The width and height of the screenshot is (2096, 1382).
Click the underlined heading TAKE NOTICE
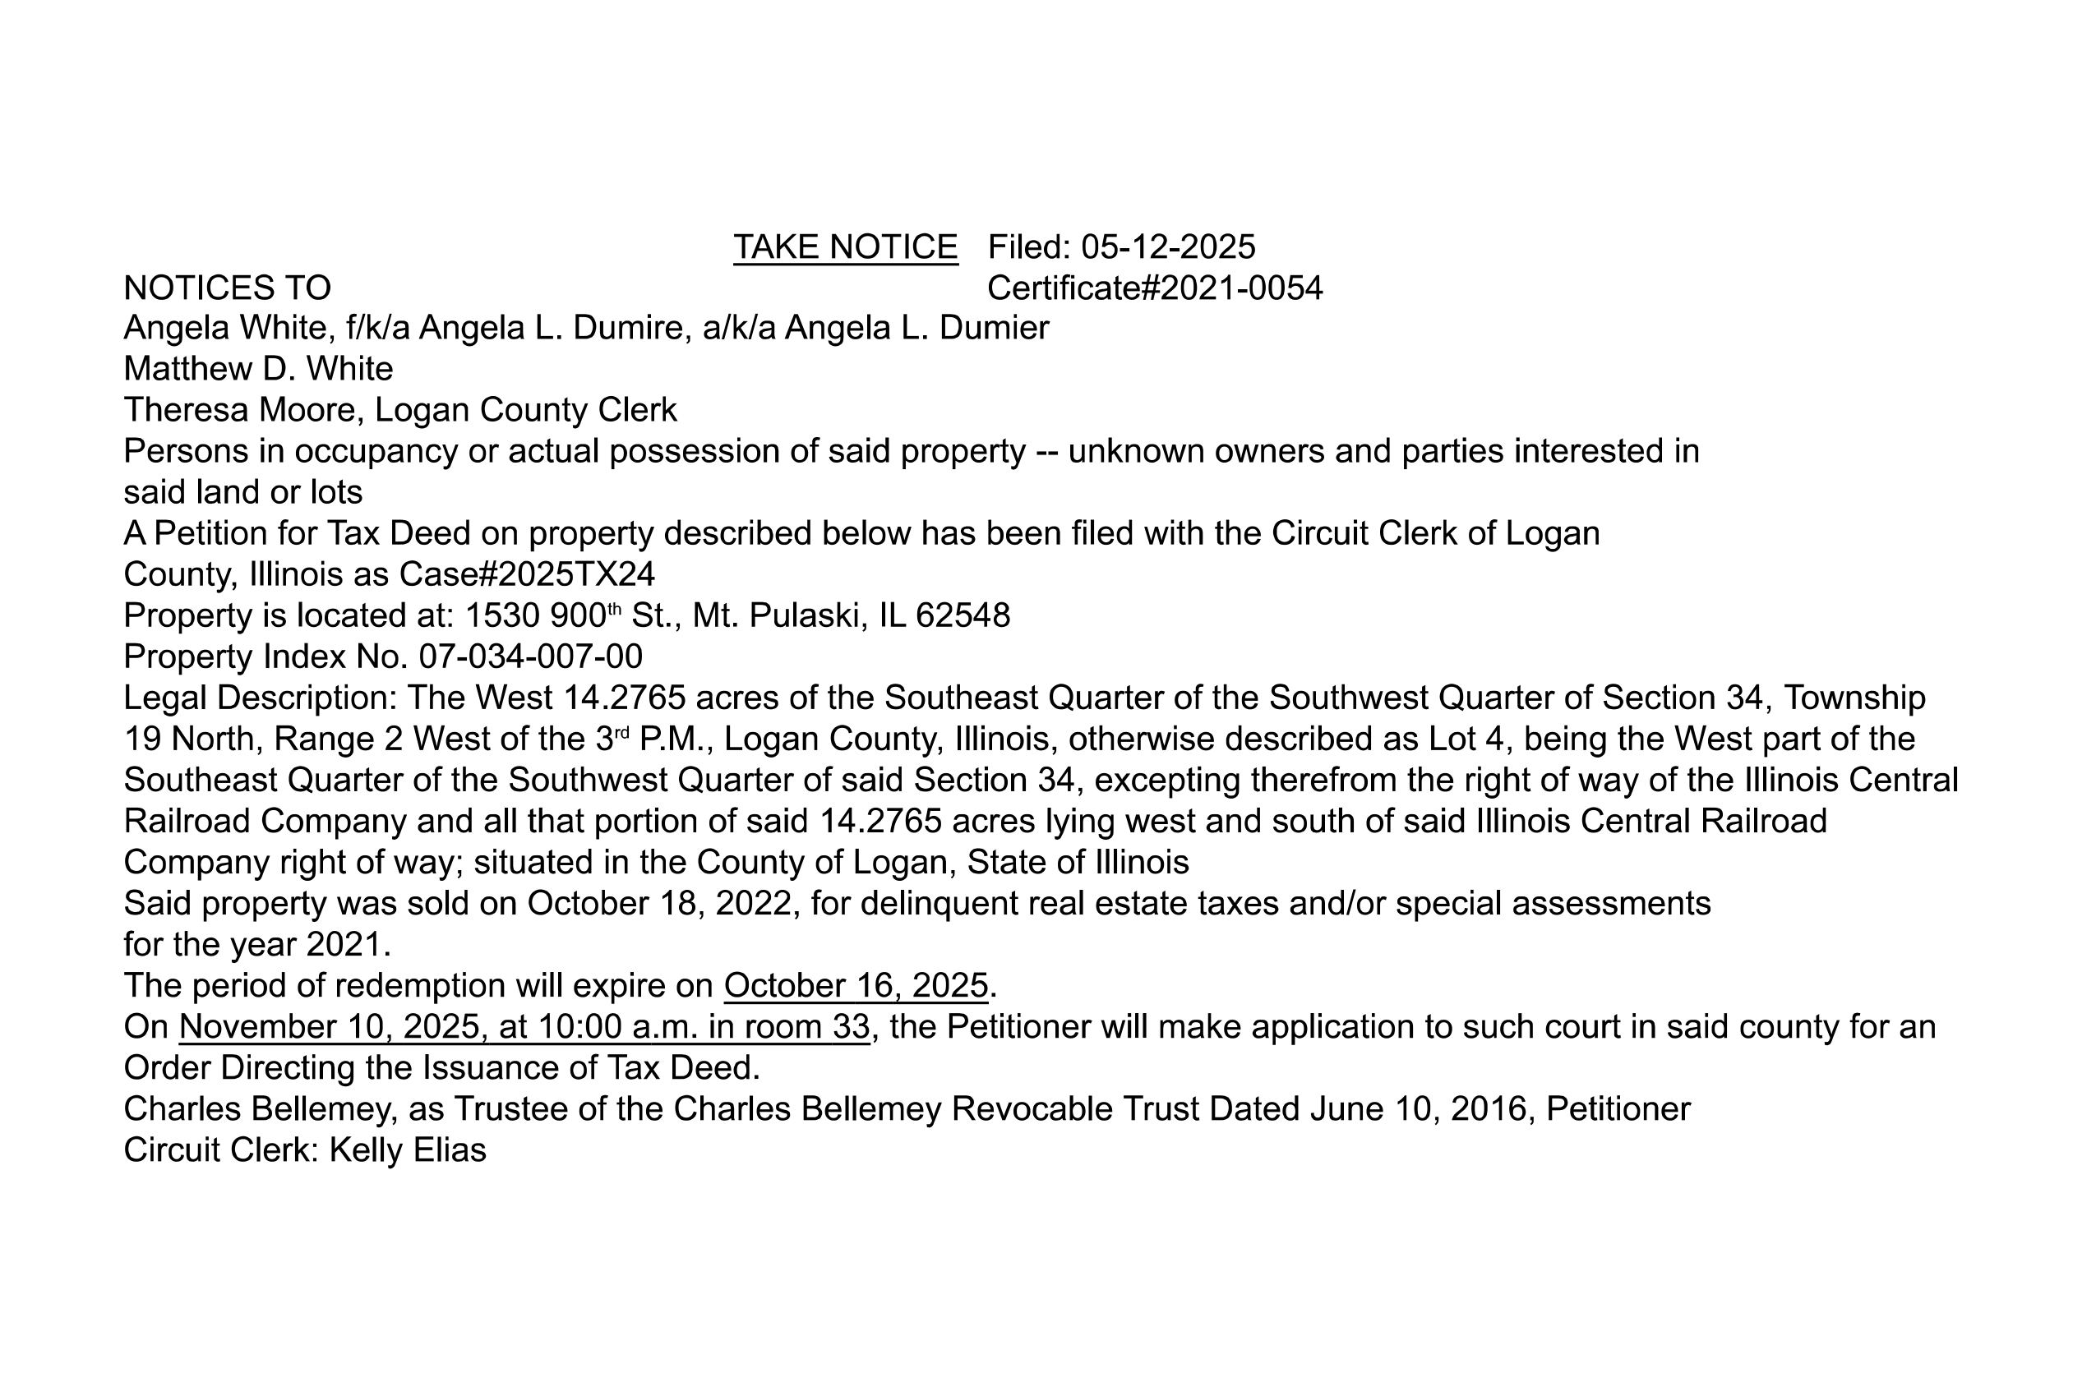tap(845, 247)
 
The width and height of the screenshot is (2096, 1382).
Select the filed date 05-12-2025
tap(1167, 247)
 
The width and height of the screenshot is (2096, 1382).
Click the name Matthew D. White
tap(257, 368)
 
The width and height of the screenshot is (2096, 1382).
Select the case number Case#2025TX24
tap(526, 574)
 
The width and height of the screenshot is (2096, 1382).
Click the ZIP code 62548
tap(962, 615)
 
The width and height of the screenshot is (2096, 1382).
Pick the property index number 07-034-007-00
tap(530, 656)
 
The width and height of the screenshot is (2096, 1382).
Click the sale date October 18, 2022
tap(663, 904)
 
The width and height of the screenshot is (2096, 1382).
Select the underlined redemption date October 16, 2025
tap(856, 985)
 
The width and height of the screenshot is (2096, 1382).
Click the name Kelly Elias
tap(408, 1150)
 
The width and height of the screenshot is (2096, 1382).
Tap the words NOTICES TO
tap(227, 288)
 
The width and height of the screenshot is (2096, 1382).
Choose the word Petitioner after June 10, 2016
tap(1618, 1108)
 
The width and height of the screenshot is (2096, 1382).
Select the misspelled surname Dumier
tap(994, 328)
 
